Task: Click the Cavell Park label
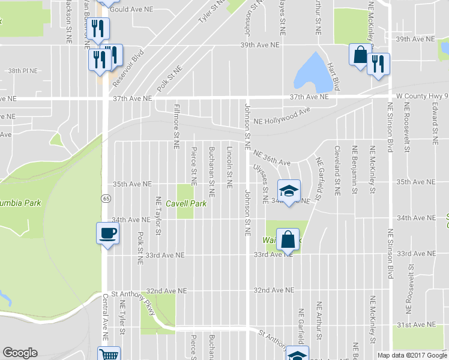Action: [186, 204]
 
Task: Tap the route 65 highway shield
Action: [106, 198]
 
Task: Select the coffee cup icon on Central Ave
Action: [108, 233]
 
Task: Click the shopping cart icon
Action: [109, 355]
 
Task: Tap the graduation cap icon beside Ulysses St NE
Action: [289, 191]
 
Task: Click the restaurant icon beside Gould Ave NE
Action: [98, 28]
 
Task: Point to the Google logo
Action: [20, 353]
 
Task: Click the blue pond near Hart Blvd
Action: [308, 71]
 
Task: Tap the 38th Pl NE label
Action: [23, 71]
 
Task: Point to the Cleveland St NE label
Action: [337, 171]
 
